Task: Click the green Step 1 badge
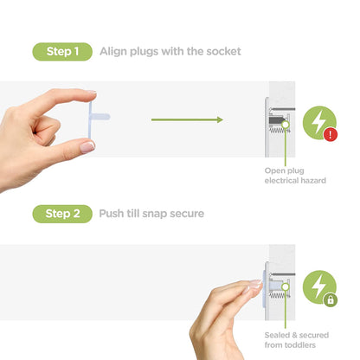pyautogui.click(x=62, y=52)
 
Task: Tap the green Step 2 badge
pyautogui.click(x=62, y=214)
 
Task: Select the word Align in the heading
pyautogui.click(x=113, y=52)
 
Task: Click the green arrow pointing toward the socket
pyautogui.click(x=187, y=119)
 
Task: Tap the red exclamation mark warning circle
pyautogui.click(x=331, y=134)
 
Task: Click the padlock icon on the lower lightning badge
pyautogui.click(x=331, y=299)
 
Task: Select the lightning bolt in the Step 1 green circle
pyautogui.click(x=318, y=122)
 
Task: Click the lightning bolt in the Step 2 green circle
pyautogui.click(x=318, y=286)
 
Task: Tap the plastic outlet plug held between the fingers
pyautogui.click(x=98, y=119)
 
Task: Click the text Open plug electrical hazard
pyautogui.click(x=295, y=176)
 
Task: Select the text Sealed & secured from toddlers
pyautogui.click(x=297, y=340)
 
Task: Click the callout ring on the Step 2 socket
pyautogui.click(x=286, y=286)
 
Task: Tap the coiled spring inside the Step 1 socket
pyautogui.click(x=280, y=132)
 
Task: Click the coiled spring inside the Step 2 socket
pyautogui.click(x=279, y=294)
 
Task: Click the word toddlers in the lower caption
pyautogui.click(x=300, y=344)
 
